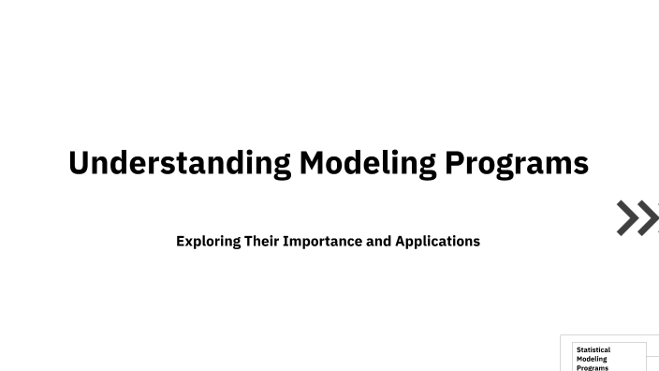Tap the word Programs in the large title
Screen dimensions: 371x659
517,163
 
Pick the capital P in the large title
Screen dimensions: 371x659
455,163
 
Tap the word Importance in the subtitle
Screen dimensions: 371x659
323,241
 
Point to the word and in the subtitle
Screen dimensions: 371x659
378,241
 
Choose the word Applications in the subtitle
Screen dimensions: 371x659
437,241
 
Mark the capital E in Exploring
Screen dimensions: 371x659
181,241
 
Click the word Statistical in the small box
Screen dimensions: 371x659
593,349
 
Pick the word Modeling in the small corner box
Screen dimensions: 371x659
592,359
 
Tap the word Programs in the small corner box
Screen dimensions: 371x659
593,367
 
